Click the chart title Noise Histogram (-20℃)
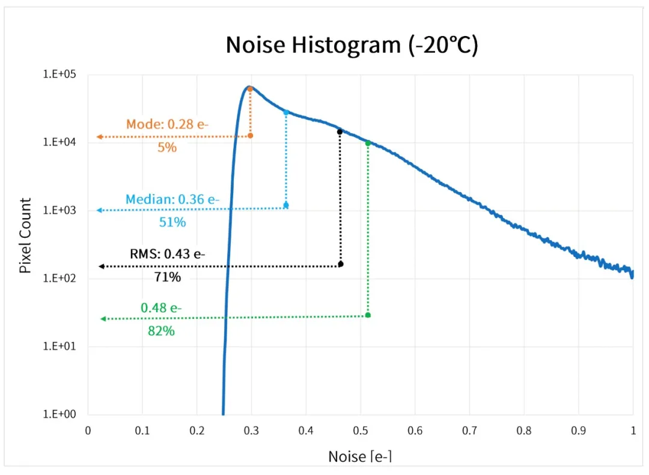[352, 46]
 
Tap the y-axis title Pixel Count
[25, 236]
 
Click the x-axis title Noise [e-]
[360, 456]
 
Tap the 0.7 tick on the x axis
[469, 430]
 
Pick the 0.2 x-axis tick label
[197, 430]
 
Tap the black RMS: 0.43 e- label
[168, 253]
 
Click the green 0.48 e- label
[161, 308]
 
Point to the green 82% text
[161, 330]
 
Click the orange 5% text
[167, 147]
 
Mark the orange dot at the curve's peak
[250, 89]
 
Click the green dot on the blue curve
[368, 143]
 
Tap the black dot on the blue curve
[340, 132]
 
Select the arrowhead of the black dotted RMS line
[102, 265]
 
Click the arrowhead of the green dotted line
[103, 318]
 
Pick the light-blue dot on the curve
[286, 112]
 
